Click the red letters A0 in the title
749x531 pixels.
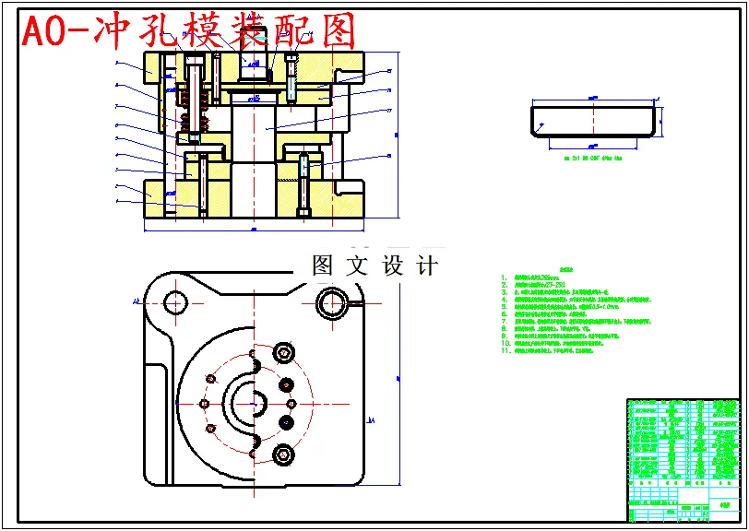(x=44, y=32)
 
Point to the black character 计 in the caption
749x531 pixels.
(x=427, y=266)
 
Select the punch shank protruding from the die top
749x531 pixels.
(x=255, y=60)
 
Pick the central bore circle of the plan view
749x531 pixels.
(x=250, y=402)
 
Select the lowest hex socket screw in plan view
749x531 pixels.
(x=283, y=454)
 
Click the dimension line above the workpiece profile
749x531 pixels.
(x=594, y=96)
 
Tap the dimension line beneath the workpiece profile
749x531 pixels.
(x=594, y=145)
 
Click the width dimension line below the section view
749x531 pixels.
(x=254, y=227)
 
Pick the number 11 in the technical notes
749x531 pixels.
(x=505, y=351)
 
